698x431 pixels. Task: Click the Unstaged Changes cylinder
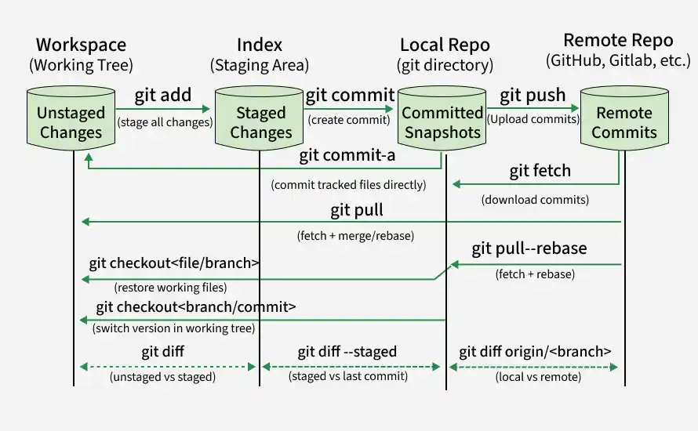coord(71,118)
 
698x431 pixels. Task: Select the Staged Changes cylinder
coord(259,118)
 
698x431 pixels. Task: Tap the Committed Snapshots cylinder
coord(442,118)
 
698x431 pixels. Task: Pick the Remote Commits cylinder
coord(624,118)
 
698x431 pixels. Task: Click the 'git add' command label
coord(163,95)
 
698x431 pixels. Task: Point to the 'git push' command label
coord(533,95)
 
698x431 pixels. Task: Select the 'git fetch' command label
coord(540,171)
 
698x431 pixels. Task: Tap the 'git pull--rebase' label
coord(529,248)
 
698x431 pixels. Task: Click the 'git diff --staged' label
coord(347,351)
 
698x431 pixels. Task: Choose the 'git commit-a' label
coord(347,155)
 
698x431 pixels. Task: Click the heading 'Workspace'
coord(81,45)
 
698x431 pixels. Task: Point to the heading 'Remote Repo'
coord(618,41)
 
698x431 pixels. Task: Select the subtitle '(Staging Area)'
coord(260,65)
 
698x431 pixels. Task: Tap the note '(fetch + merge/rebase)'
coord(356,235)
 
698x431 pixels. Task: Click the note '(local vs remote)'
coord(538,377)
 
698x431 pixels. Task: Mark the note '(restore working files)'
coord(170,288)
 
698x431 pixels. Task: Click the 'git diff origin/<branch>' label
coord(535,351)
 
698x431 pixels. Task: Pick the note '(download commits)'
coord(535,200)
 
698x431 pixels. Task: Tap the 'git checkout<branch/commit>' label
coord(196,307)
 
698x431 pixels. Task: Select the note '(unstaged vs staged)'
coord(162,377)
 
